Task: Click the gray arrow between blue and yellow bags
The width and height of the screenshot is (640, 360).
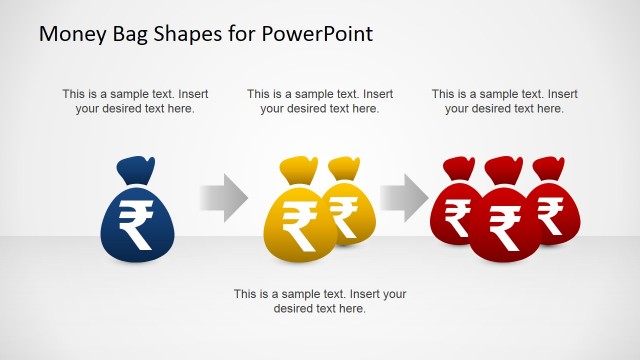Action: [223, 198]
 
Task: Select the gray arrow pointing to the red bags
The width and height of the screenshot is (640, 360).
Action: [405, 198]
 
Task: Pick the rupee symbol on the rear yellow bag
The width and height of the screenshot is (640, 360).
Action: [345, 211]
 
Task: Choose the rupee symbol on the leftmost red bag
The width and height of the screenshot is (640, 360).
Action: [458, 214]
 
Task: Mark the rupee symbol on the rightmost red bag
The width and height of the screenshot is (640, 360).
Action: [550, 211]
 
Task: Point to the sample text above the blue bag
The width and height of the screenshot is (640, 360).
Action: [135, 101]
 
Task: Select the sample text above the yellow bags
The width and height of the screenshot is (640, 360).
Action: [320, 101]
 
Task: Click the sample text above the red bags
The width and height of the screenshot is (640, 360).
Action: [505, 101]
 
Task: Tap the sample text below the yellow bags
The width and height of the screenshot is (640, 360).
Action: [320, 301]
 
